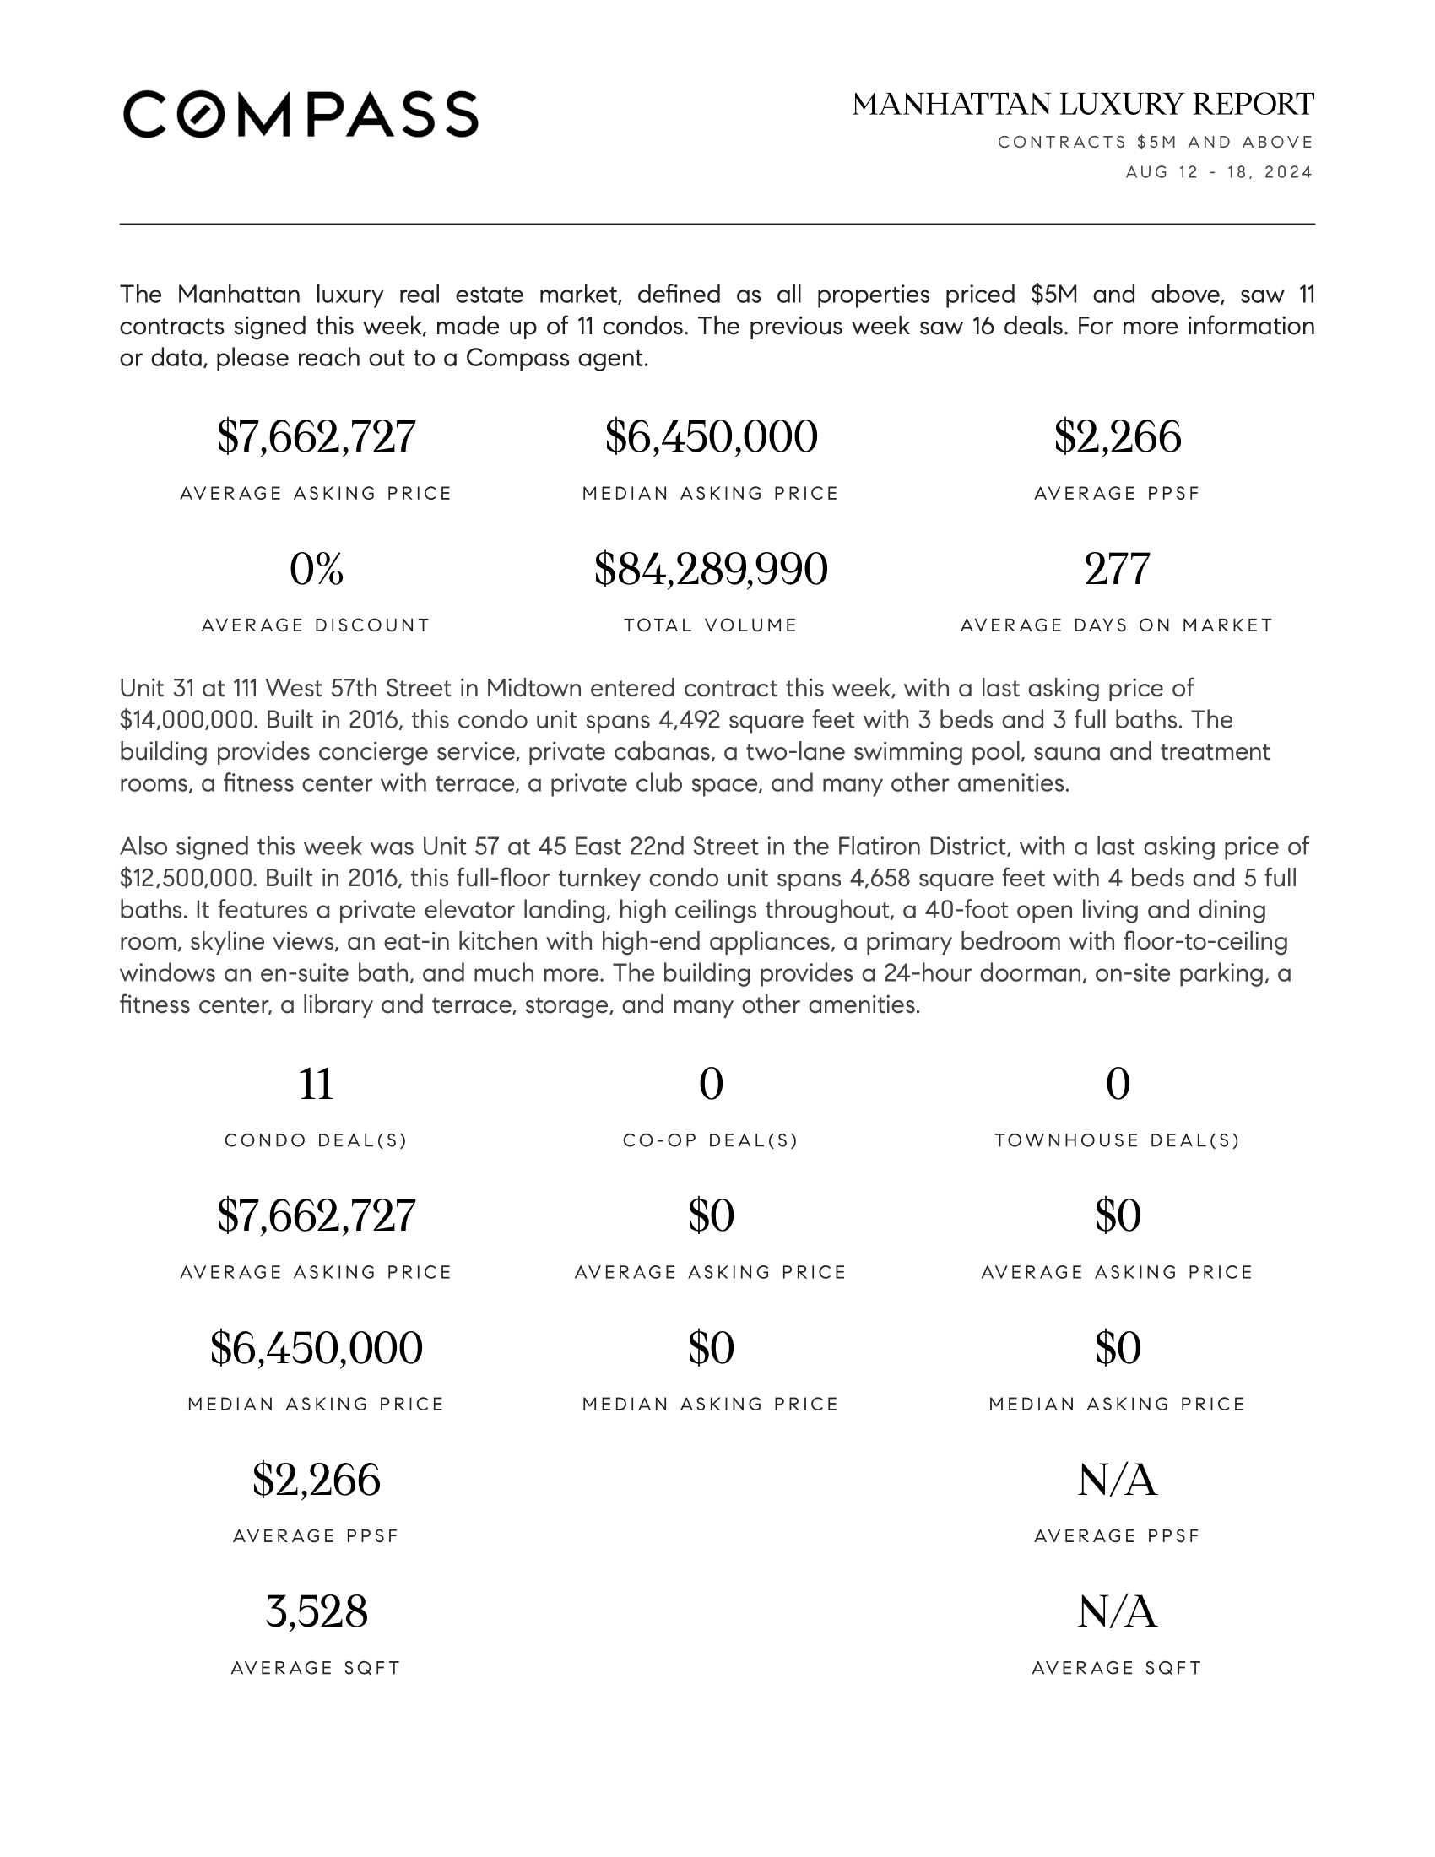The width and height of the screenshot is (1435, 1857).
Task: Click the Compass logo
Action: (301, 114)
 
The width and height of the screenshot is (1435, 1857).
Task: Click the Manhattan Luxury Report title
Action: (1082, 105)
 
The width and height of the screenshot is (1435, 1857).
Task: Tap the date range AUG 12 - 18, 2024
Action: (1219, 172)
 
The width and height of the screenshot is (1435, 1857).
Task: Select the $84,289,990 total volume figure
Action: (711, 569)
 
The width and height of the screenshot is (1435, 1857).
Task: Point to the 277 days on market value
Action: (1117, 569)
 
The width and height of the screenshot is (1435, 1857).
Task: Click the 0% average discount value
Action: (317, 569)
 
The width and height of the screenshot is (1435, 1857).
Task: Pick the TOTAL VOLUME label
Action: (711, 625)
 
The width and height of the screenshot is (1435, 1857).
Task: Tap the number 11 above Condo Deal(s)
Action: (317, 1084)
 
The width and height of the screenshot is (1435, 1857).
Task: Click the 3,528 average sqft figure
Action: (317, 1611)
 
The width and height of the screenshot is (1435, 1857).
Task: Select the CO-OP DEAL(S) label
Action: (711, 1140)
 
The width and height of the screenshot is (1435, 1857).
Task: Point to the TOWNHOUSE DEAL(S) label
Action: (1117, 1140)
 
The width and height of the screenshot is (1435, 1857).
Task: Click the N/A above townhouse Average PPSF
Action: (1117, 1481)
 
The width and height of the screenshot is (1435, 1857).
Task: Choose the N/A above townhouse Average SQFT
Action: (1117, 1611)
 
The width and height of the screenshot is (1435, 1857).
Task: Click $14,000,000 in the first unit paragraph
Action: (187, 720)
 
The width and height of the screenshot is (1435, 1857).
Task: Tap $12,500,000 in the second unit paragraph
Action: (187, 879)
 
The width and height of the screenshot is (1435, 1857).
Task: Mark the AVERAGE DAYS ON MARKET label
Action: (1117, 625)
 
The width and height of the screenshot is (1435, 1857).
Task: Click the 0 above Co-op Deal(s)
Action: (711, 1084)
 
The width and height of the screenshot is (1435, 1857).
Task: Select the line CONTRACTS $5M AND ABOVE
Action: (1156, 142)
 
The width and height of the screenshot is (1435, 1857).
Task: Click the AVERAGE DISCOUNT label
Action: (317, 625)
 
